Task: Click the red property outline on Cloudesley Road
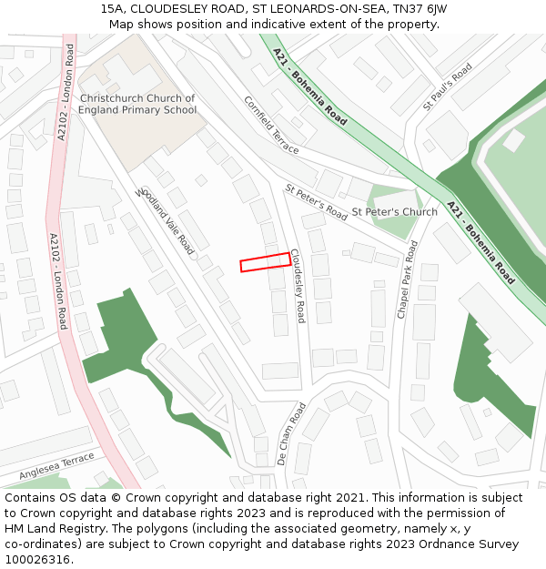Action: click(x=265, y=262)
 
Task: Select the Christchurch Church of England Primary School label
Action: click(x=136, y=104)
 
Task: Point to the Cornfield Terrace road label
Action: click(x=271, y=125)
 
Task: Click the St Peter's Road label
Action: click(x=316, y=202)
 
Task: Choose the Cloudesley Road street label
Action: click(x=298, y=288)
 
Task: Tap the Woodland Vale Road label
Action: click(x=165, y=221)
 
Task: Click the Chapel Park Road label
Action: click(x=407, y=279)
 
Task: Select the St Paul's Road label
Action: click(x=447, y=87)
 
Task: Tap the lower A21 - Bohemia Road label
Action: click(x=480, y=242)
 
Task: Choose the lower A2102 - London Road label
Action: click(x=57, y=280)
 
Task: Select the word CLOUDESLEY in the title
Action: click(x=177, y=8)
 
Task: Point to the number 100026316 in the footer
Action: click(x=39, y=559)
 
